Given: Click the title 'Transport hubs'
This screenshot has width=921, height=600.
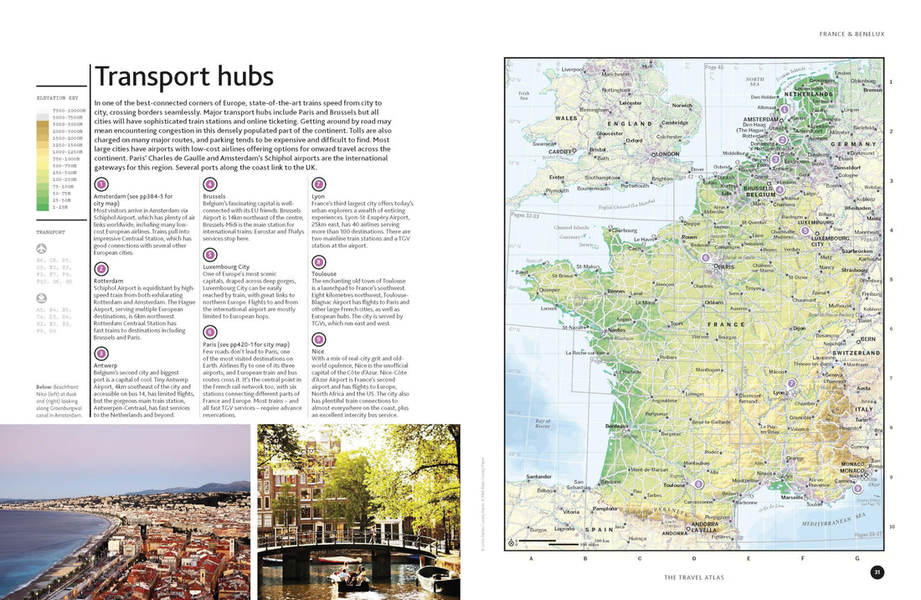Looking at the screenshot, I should pos(184,76).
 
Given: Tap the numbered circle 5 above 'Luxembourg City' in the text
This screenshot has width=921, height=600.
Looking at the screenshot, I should pos(210,254).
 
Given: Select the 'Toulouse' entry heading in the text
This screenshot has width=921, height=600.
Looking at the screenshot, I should pos(324,274).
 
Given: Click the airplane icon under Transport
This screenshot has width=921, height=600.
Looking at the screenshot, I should pos(42,248).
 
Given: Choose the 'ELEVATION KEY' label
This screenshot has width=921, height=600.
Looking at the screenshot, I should pos(61,98).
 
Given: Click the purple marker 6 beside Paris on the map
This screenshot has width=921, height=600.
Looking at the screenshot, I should pos(706,258).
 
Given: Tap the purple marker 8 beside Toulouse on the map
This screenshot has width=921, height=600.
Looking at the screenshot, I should pos(698,484).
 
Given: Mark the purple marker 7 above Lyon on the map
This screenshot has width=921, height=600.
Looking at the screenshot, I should pos(791,384).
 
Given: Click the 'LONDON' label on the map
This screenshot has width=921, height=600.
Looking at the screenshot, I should pos(666,154).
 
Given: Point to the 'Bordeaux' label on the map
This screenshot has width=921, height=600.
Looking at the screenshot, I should pos(617,426).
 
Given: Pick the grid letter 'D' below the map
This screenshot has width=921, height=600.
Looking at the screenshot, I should pos(694,558).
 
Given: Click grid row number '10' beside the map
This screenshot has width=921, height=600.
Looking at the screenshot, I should pos(892,526).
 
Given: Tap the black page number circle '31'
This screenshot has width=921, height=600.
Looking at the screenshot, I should pos(877,572).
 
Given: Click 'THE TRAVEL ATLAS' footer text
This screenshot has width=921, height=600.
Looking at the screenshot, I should pos(694,577).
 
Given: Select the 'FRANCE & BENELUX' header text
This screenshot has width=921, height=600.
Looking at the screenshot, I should pos(852,34).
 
